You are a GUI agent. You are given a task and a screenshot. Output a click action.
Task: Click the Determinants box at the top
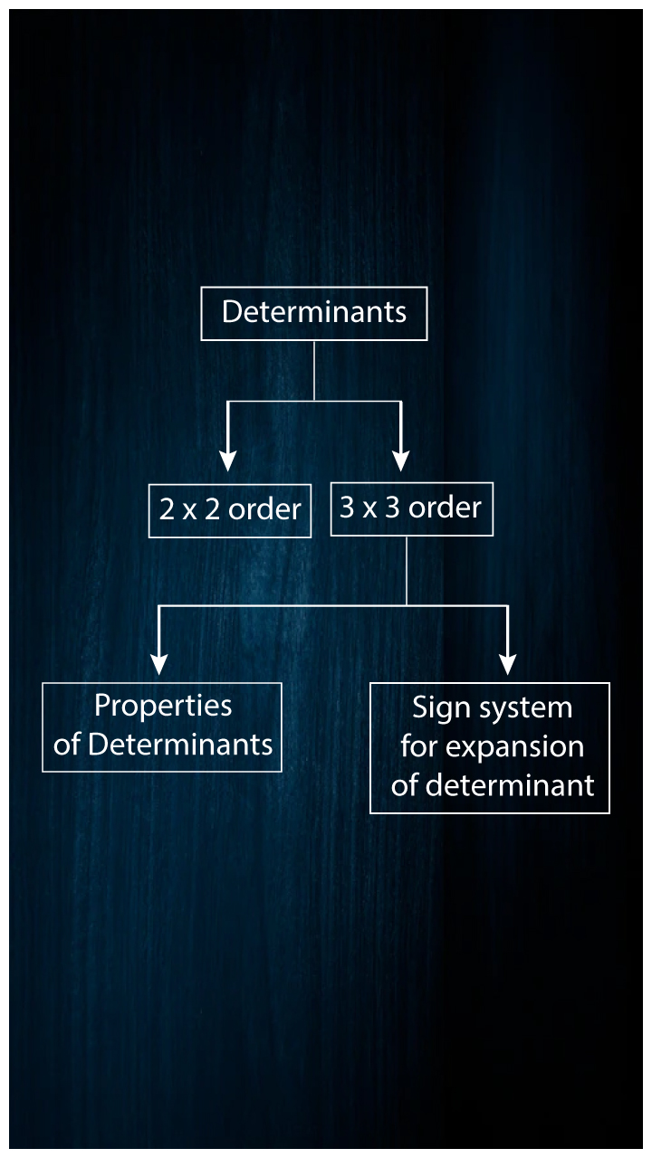(313, 313)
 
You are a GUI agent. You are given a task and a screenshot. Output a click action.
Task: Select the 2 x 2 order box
(230, 510)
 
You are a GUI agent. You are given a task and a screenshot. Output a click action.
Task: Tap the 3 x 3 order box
(411, 508)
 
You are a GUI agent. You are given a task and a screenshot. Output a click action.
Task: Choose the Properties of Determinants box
(162, 726)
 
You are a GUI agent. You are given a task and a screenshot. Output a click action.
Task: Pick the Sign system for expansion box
(490, 747)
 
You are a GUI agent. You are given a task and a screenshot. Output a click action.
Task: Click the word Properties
(163, 706)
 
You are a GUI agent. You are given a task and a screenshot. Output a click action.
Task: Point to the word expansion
(532, 748)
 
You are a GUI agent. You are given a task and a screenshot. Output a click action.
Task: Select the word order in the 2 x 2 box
(264, 510)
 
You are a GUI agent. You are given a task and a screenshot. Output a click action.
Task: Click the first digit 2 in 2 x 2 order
(167, 510)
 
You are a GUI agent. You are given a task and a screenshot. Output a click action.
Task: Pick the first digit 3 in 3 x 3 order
(347, 508)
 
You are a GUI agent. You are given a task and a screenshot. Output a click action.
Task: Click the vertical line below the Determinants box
(314, 370)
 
